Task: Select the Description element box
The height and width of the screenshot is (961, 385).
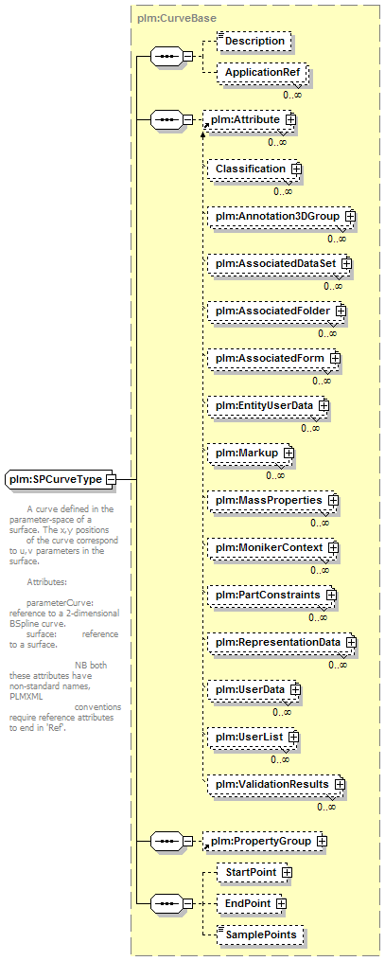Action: tap(254, 41)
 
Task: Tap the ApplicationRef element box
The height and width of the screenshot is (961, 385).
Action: tap(263, 72)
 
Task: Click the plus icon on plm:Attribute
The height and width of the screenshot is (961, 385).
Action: tap(290, 119)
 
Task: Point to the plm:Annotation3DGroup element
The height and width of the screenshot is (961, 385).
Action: tap(282, 217)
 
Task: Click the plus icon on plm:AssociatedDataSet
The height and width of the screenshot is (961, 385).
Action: tap(346, 263)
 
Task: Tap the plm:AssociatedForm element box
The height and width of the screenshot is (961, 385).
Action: tap(274, 358)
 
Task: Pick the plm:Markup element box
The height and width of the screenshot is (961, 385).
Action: tap(251, 453)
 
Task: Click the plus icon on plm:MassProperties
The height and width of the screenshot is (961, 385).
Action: tap(333, 501)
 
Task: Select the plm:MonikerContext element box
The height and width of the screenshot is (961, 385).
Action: tap(273, 547)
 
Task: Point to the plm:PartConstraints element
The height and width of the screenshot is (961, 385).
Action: tap(272, 596)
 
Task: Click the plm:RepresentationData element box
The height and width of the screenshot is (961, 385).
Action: tap(282, 642)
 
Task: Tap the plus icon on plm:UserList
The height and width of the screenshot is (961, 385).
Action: tap(293, 738)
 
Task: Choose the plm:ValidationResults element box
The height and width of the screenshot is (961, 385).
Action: tap(276, 785)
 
